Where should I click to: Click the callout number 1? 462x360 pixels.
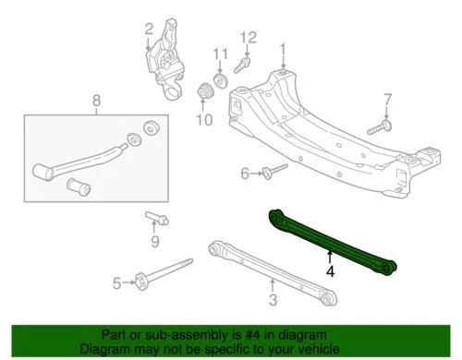pos(283,50)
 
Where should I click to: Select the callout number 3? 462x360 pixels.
pos(273,301)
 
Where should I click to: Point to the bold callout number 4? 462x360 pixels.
pos(330,273)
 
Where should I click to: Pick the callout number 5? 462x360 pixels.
pos(117,282)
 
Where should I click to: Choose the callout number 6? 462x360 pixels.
pos(245,174)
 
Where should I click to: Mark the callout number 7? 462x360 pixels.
pos(388,100)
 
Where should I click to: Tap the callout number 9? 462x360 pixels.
pos(154,242)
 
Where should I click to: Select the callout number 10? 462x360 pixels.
pos(204,119)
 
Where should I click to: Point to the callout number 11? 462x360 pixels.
pos(219,53)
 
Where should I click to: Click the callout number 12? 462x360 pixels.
pos(247,38)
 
